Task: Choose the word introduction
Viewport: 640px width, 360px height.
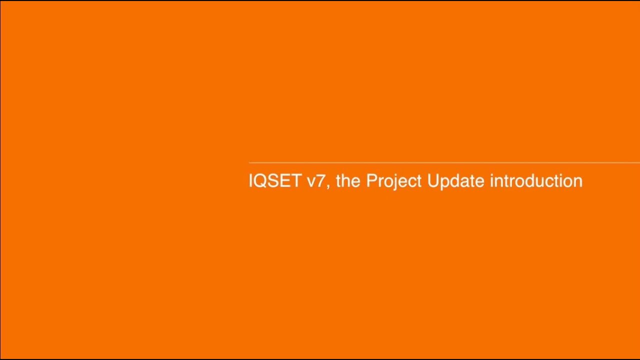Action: pos(536,181)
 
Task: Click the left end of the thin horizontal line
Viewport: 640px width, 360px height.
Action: pos(250,162)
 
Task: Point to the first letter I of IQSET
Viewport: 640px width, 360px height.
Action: pos(251,181)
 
